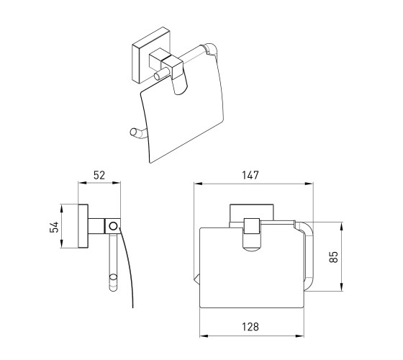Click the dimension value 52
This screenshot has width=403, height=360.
click(x=99, y=175)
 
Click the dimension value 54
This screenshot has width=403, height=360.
click(x=54, y=227)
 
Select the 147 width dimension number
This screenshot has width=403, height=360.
click(x=250, y=175)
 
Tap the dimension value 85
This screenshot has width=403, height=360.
click(x=333, y=256)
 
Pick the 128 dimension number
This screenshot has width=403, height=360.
click(x=250, y=327)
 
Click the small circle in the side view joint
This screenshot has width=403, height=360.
click(x=113, y=226)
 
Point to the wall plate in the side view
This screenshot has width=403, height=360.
click(x=83, y=226)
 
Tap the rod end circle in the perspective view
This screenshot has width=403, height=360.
click(x=157, y=76)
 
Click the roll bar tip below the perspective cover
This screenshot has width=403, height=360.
click(x=134, y=132)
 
